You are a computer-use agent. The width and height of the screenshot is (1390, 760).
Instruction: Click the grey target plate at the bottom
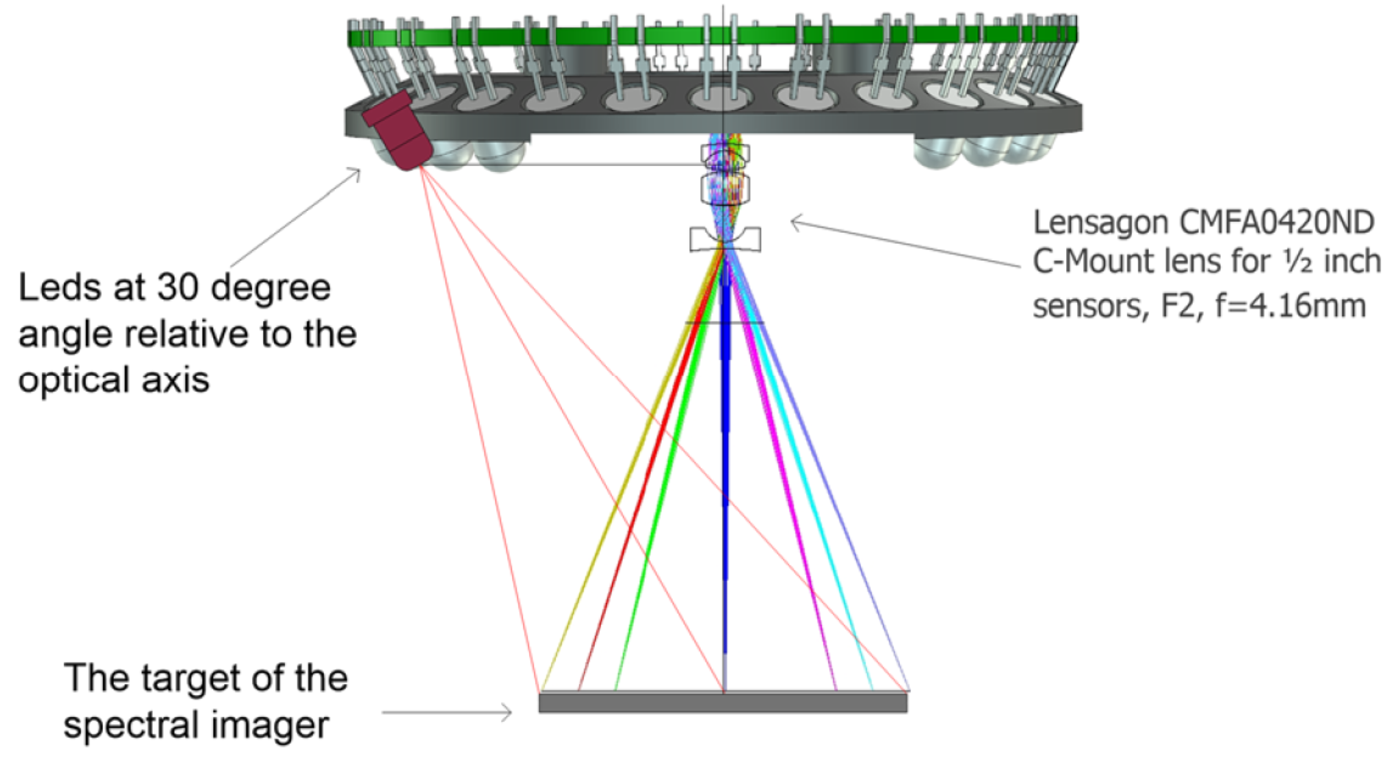(723, 702)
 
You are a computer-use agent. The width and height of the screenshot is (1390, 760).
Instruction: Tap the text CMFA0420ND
(1277, 222)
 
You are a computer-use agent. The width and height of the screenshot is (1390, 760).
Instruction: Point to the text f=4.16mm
(1290, 306)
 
